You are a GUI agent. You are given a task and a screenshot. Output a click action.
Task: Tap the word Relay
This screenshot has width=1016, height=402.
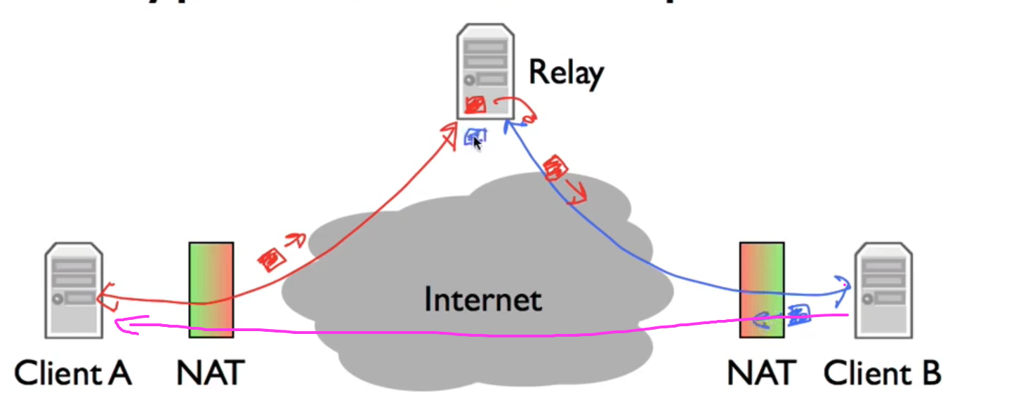(x=565, y=72)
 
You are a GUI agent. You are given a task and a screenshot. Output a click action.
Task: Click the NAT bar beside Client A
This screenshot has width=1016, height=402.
(x=211, y=290)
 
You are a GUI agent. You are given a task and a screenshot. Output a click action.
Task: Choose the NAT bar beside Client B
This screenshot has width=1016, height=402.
(x=761, y=290)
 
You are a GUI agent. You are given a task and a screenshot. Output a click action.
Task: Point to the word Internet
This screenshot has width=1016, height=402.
(x=483, y=300)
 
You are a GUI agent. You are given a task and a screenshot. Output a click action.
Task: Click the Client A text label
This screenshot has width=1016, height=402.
(x=72, y=373)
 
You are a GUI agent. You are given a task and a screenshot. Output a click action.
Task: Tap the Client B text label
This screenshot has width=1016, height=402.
(x=882, y=373)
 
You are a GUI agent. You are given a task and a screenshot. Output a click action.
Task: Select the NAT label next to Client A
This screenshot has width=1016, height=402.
(x=210, y=373)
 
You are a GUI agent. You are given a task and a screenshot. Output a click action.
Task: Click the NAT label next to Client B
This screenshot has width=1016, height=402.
(x=761, y=373)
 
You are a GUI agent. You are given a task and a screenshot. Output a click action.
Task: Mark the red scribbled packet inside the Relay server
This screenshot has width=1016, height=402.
(x=475, y=105)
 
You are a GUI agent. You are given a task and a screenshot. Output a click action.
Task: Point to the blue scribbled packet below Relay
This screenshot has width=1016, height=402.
(x=472, y=136)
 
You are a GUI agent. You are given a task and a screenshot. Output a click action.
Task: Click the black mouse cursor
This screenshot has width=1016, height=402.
(x=477, y=143)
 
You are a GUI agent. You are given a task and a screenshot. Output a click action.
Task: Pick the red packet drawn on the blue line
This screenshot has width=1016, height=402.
(x=556, y=168)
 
